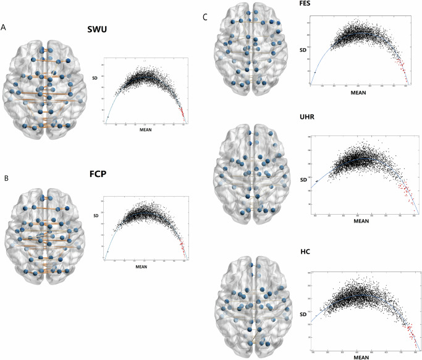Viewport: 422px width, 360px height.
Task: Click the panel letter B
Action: click(4, 178)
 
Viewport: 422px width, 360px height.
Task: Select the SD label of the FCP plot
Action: click(95, 216)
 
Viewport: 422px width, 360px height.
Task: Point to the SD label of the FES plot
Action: click(303, 49)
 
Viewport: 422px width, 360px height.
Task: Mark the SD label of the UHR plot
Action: click(303, 179)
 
